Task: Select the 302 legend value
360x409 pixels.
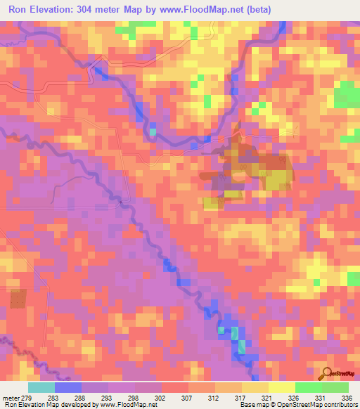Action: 162,398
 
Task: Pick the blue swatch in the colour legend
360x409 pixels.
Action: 68,387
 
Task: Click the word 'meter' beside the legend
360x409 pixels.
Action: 11,398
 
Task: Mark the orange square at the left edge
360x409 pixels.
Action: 18,299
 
